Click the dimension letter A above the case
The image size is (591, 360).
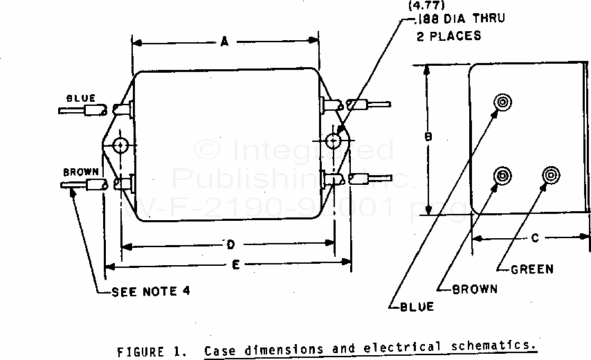tap(225, 42)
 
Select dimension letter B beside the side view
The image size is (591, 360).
tap(428, 138)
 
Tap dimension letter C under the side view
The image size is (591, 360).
tap(534, 239)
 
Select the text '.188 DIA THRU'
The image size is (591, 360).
tap(459, 19)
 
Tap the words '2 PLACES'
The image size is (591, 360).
tap(448, 35)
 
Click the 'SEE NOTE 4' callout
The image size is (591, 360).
tap(151, 291)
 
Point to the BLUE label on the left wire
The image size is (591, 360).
tap(81, 98)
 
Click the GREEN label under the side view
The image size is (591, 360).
tap(531, 269)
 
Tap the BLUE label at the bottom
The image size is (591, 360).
tap(417, 306)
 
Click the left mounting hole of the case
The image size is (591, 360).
tap(121, 145)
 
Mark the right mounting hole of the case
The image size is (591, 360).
tap(334, 142)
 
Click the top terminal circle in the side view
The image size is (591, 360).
tap(502, 102)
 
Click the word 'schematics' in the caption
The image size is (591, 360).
tap(500, 346)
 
